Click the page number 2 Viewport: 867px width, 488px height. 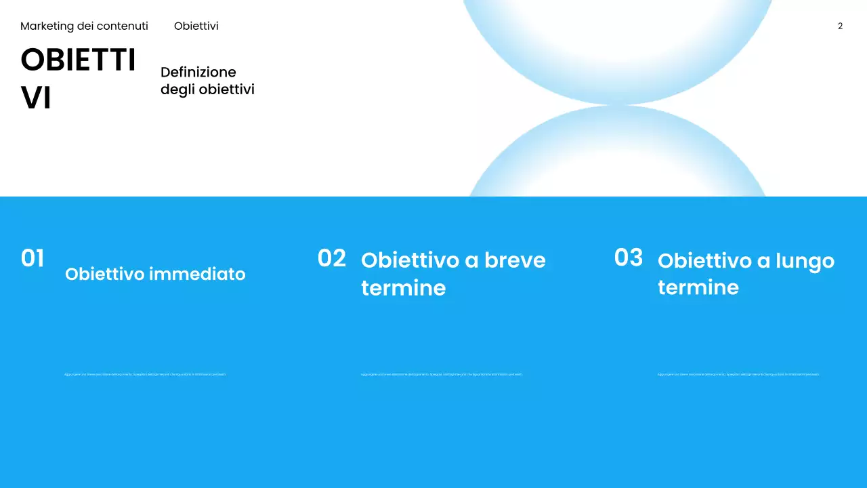click(x=840, y=26)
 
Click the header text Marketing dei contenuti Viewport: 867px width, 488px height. click(x=84, y=26)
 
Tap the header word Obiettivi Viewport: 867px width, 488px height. click(x=196, y=26)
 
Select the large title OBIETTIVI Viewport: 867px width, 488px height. click(x=78, y=79)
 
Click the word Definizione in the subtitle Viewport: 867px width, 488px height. click(x=198, y=73)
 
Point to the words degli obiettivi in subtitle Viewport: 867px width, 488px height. click(x=207, y=89)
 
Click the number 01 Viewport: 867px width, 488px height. click(x=33, y=258)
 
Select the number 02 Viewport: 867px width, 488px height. click(x=331, y=258)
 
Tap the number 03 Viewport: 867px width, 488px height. click(x=628, y=258)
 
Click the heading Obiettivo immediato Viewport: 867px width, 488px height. click(x=155, y=274)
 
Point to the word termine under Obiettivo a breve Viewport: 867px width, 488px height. click(x=403, y=288)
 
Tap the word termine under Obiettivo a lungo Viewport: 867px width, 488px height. click(x=698, y=287)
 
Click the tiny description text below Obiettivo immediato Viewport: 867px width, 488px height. click(x=145, y=374)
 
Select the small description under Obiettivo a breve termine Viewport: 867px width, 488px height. click(x=442, y=374)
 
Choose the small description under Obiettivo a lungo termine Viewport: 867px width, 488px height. click(x=738, y=374)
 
